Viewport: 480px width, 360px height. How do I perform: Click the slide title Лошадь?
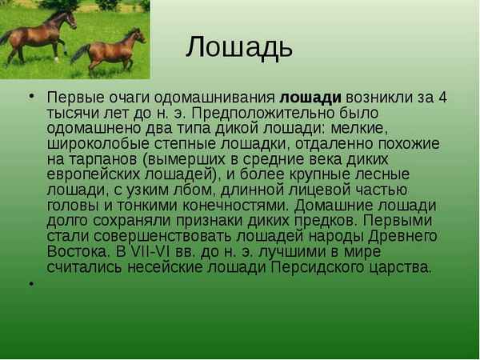[239, 47]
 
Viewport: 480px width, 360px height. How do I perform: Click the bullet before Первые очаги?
[31, 95]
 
